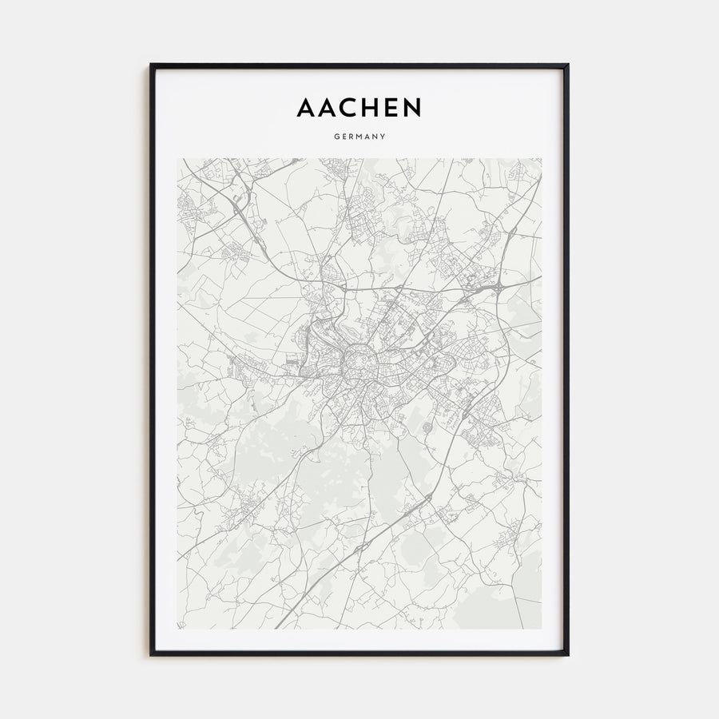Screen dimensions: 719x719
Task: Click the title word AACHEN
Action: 359,107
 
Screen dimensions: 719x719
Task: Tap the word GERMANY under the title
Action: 359,137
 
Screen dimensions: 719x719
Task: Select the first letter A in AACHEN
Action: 306,107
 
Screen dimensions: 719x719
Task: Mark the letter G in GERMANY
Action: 336,137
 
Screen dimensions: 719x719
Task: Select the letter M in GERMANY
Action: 359,137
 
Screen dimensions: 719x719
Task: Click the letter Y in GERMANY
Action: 383,137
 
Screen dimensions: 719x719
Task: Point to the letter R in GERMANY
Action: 352,137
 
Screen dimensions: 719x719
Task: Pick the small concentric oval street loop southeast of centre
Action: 427,428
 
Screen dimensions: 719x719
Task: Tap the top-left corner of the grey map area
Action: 178,159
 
